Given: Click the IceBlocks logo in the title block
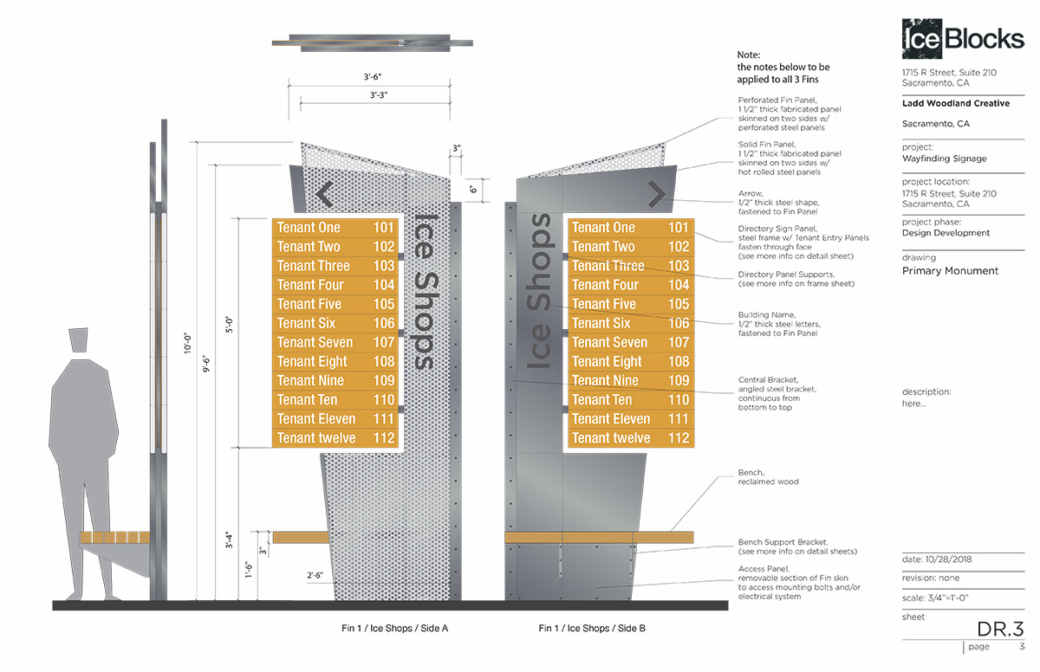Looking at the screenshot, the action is pyautogui.click(x=962, y=37).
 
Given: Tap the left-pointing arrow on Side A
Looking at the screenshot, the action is pyautogui.click(x=325, y=195).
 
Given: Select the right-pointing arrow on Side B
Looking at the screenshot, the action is pyautogui.click(x=656, y=195).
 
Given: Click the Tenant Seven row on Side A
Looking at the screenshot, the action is pyautogui.click(x=335, y=342).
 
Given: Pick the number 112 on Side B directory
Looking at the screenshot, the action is pyautogui.click(x=679, y=438).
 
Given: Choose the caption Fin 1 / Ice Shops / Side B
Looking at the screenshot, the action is pyautogui.click(x=592, y=628).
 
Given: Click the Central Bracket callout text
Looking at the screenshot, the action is pyautogui.click(x=777, y=393).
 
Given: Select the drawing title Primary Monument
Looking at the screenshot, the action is pyautogui.click(x=950, y=271).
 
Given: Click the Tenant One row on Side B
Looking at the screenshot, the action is pyautogui.click(x=630, y=228).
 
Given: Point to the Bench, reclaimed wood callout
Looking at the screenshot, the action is pyautogui.click(x=768, y=477).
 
